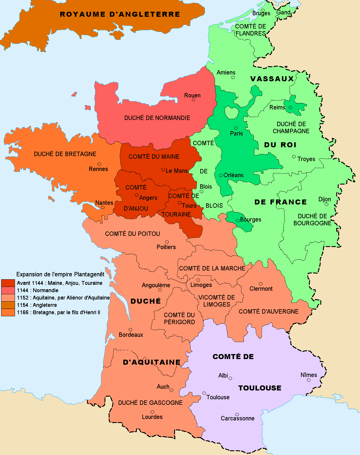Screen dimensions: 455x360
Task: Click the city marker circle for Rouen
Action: pos(194,100)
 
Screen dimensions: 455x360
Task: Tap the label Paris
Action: pos(236,133)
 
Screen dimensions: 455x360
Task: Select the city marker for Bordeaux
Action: pos(130,330)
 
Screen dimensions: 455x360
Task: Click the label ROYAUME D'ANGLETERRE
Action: pos(120,14)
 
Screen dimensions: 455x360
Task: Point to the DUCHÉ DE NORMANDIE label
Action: pos(157,118)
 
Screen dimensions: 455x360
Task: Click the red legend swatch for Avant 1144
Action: pos(8,283)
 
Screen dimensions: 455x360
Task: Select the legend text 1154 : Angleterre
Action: pos(37,305)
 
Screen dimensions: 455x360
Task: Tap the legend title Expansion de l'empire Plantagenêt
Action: pos(60,274)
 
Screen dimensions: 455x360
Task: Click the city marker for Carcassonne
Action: pos(237,415)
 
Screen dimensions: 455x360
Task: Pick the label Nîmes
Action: pos(309,375)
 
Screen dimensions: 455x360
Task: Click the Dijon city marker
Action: pos(326,204)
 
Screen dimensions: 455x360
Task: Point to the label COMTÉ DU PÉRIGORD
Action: pos(179,319)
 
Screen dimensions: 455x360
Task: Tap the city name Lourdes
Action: pos(152,417)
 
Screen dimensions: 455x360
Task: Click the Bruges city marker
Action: pos(263,10)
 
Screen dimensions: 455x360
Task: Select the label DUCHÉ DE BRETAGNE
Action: pos(65,154)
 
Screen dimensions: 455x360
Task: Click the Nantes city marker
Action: pos(102,207)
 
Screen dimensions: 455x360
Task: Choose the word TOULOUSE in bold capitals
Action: pos(260,388)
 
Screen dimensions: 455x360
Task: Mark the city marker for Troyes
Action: pos(294,157)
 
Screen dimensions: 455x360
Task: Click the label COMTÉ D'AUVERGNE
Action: pos(268,312)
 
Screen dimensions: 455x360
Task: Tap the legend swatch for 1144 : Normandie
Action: pos(8,290)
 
